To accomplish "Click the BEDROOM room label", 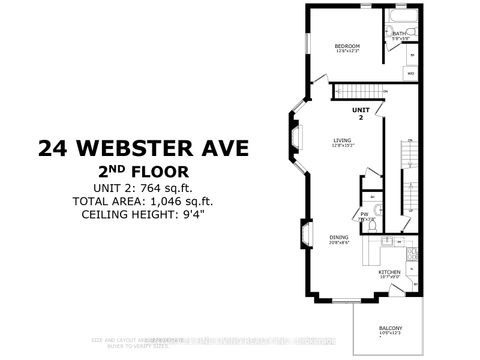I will (x=347, y=46).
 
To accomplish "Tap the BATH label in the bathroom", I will (x=399, y=34).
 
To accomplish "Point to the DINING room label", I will (x=338, y=236).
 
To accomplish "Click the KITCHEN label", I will (x=389, y=271).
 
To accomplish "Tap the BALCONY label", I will (x=391, y=329).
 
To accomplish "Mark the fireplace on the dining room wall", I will (x=303, y=236).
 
